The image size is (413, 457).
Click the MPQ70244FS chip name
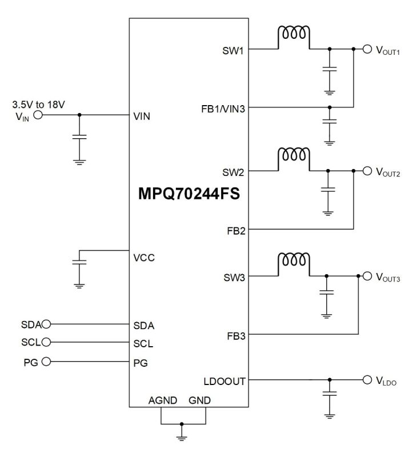(x=189, y=193)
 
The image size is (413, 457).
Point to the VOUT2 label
(x=388, y=171)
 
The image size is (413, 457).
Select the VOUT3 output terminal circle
(x=367, y=276)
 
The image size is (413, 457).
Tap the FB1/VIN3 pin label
(x=223, y=107)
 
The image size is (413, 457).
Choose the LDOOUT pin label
(x=225, y=380)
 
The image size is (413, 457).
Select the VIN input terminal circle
(x=38, y=115)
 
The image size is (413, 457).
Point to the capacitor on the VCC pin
(x=80, y=263)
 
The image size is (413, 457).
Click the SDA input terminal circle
(x=46, y=324)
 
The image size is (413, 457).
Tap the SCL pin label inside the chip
(x=143, y=344)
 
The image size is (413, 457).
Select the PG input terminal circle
(x=46, y=361)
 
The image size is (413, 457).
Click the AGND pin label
(x=162, y=400)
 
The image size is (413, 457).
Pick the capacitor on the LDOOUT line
(x=330, y=393)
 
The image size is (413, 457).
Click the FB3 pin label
(x=235, y=335)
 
